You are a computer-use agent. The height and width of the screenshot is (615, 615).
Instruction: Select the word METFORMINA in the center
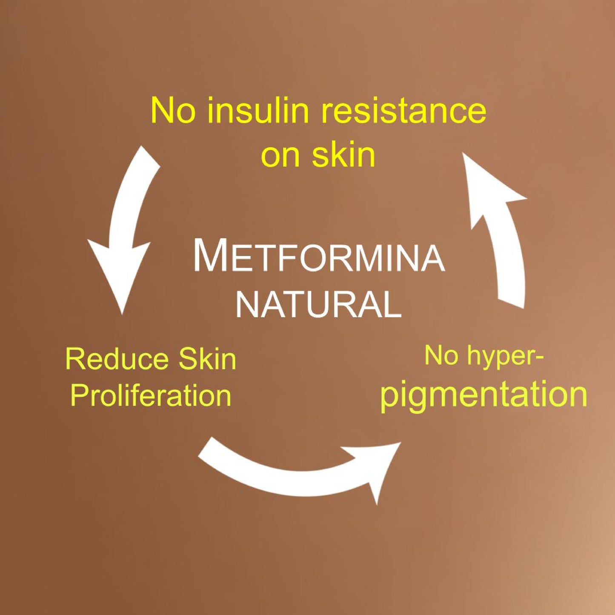(319, 257)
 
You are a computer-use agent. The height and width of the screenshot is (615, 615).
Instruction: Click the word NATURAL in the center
(319, 304)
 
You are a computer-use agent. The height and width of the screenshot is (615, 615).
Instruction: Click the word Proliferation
(151, 396)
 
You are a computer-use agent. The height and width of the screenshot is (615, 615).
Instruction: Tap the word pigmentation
(483, 394)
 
